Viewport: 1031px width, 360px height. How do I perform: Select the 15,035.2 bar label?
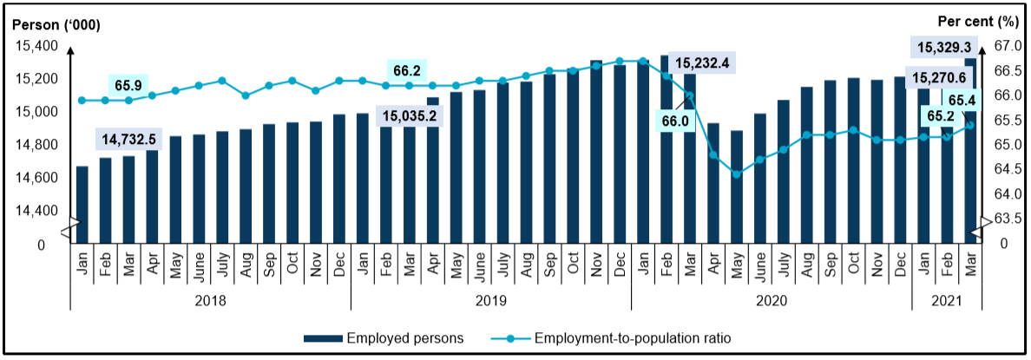pos(409,116)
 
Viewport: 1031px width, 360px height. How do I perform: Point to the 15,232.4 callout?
pos(703,63)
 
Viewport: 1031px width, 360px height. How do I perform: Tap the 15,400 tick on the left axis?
pos(35,46)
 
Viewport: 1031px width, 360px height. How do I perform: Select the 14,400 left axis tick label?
pos(35,211)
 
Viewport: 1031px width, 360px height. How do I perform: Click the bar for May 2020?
pos(737,187)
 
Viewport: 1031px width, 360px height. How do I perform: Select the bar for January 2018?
pos(82,205)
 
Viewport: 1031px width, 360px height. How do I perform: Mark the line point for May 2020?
pos(737,174)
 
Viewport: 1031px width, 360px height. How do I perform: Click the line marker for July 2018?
pos(222,81)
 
